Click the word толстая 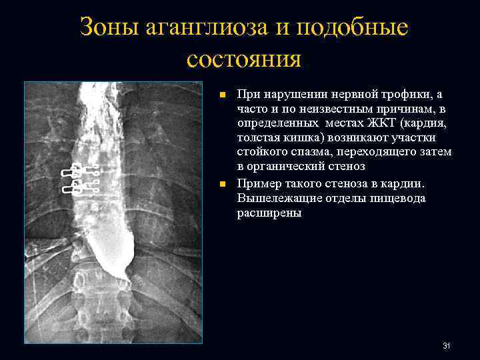[259, 138]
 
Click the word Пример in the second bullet [256, 183]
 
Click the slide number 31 [447, 345]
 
